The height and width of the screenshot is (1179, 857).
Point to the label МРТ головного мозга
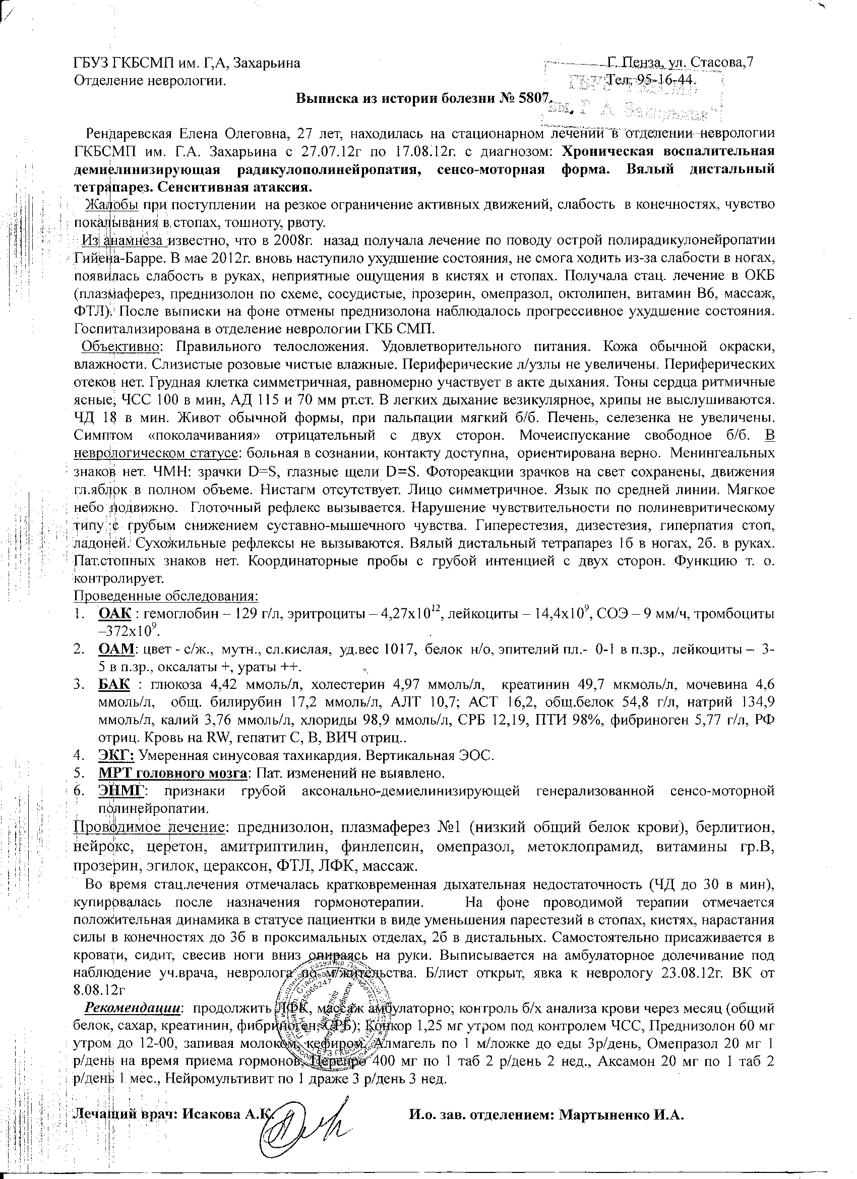point(172,773)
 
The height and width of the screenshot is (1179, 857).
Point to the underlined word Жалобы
point(112,205)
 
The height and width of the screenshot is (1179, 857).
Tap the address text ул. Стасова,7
point(718,63)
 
